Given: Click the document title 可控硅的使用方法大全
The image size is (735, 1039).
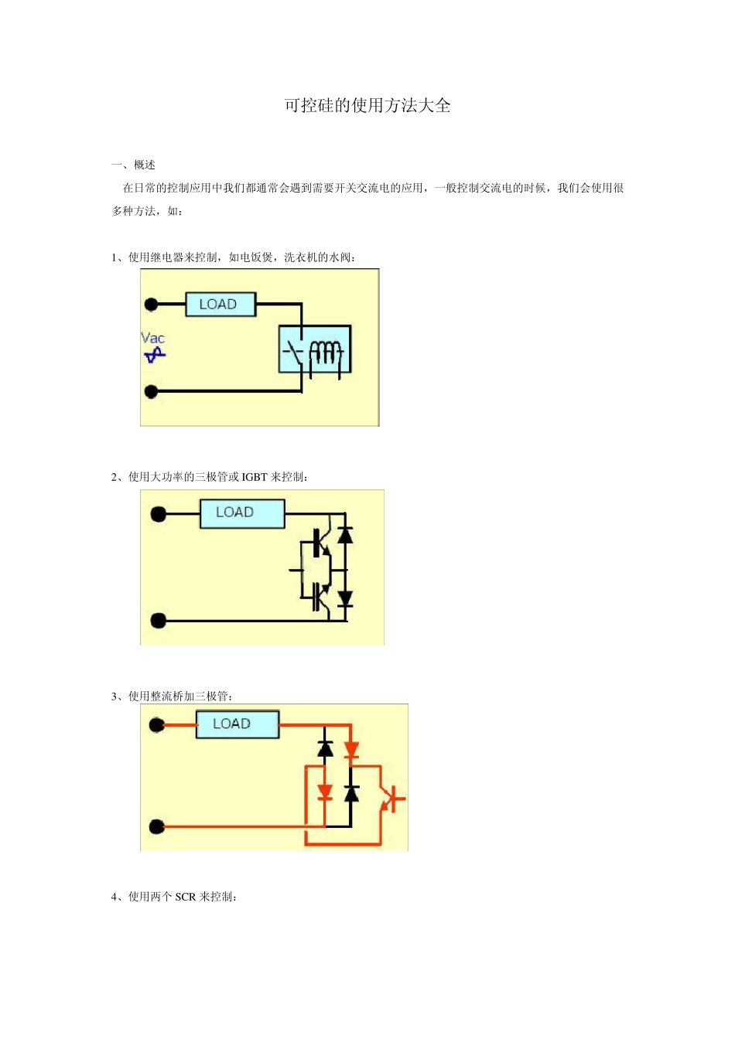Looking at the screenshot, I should (x=367, y=106).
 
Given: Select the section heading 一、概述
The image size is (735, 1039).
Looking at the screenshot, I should (x=134, y=165).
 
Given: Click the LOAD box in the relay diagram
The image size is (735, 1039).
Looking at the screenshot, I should (x=220, y=305).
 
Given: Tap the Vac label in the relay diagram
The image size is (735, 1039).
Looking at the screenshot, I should (x=152, y=338).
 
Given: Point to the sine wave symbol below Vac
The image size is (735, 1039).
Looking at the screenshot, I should (x=155, y=355).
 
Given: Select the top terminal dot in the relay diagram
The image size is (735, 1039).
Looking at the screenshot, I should (x=152, y=305).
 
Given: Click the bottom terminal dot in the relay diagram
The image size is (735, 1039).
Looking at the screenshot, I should (x=152, y=392).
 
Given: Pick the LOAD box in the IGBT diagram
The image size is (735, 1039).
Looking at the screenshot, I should (x=242, y=513).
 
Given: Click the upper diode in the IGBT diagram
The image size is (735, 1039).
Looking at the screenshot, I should (x=345, y=534).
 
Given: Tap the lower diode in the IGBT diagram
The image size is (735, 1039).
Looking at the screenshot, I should (x=345, y=597).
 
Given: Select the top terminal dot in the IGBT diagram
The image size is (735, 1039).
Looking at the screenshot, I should (x=159, y=514).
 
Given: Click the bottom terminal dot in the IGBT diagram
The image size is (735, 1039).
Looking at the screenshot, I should (x=159, y=620).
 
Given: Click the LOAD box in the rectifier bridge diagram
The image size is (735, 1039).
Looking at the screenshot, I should (x=237, y=724).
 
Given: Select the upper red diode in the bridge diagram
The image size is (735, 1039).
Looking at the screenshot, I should (x=351, y=749).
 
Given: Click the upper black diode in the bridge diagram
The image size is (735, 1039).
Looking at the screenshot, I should (x=326, y=748).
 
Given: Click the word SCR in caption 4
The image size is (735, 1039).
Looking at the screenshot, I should (x=186, y=897).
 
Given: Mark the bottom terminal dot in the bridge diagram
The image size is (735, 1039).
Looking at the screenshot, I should (x=157, y=827).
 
